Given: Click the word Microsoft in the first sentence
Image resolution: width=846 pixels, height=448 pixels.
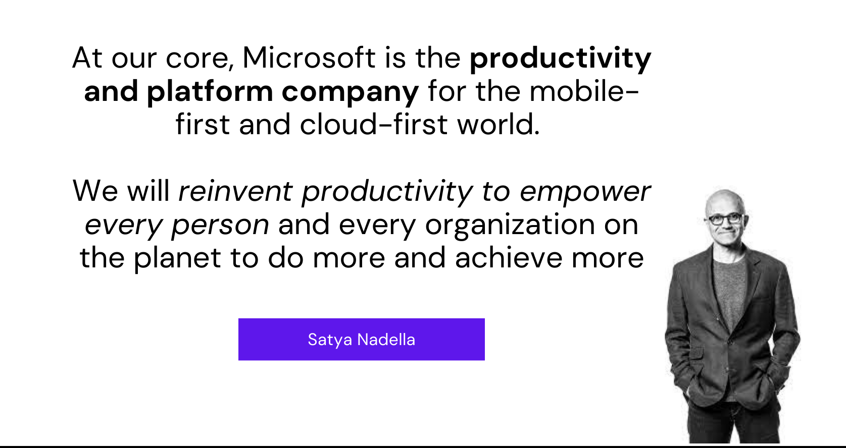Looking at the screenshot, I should [309, 58].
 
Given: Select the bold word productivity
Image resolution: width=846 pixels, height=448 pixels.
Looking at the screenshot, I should [560, 59].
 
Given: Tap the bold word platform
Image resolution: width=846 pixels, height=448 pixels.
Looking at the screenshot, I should [210, 92].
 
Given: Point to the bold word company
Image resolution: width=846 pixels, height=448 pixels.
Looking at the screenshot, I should [350, 92].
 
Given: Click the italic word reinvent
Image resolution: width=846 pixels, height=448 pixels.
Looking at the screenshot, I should [235, 191].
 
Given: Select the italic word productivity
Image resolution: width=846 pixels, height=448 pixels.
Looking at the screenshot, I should [387, 192].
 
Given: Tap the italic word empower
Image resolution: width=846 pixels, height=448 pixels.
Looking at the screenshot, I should [584, 192].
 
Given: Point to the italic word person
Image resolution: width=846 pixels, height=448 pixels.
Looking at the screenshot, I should [220, 225].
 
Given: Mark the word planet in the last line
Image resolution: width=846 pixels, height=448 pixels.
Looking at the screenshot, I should [177, 258].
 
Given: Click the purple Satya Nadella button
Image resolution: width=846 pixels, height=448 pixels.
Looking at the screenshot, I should [361, 339].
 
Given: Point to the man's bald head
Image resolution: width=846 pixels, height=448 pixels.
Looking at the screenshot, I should [724, 199].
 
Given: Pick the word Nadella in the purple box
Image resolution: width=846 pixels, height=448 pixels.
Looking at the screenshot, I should [386, 340].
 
